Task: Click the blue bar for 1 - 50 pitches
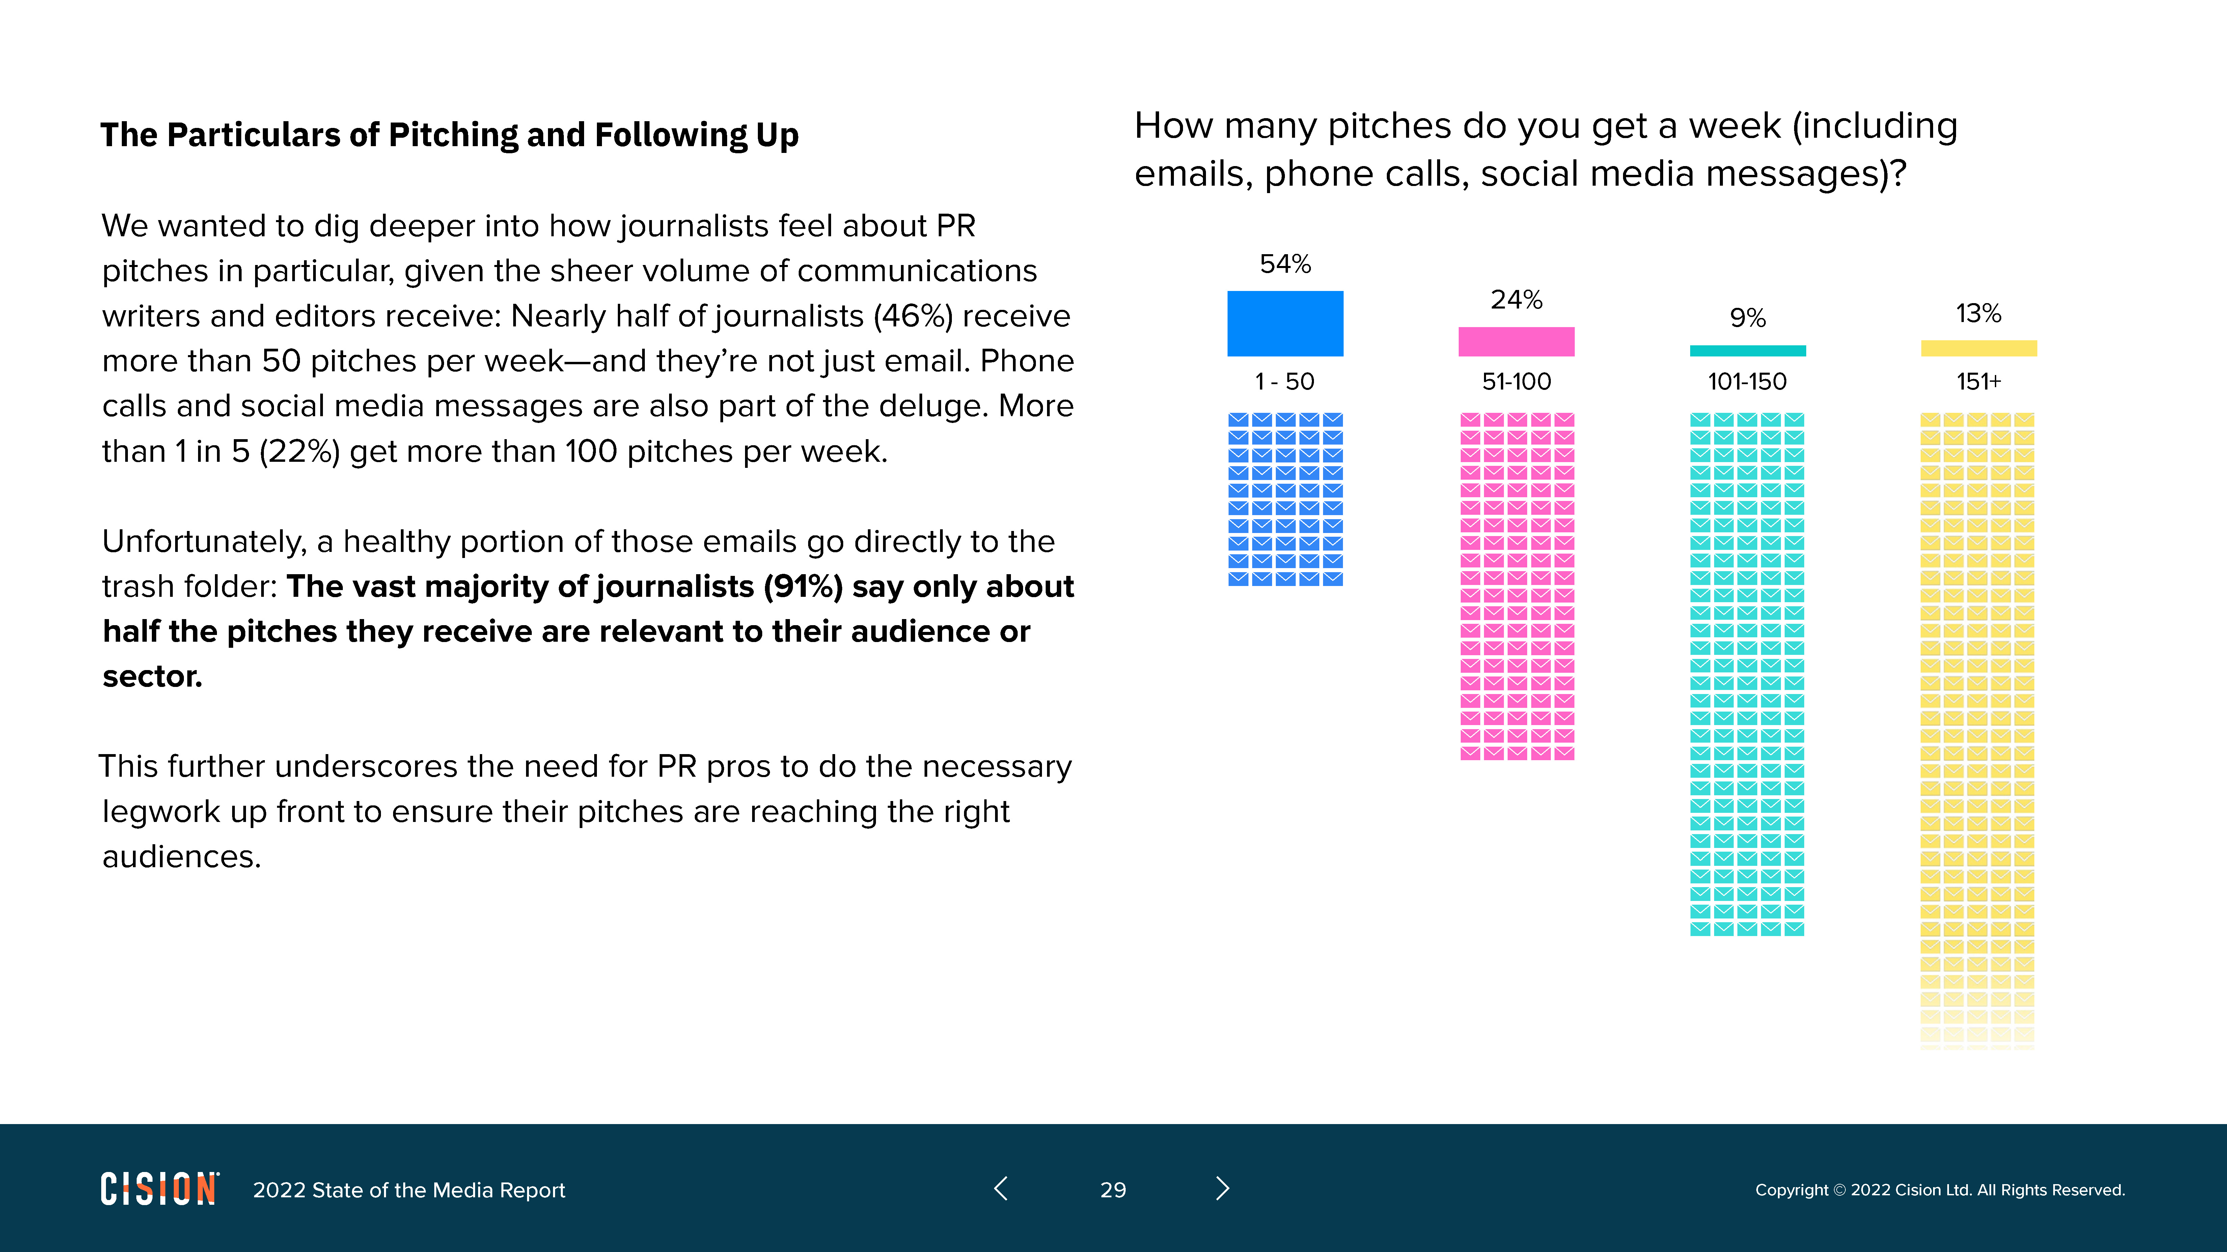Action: [1285, 323]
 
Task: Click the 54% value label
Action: [1285, 264]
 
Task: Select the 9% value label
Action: [1747, 318]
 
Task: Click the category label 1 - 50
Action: [1285, 381]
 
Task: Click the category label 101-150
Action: [1747, 381]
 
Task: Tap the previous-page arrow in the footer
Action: [1001, 1189]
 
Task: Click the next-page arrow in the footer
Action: [1222, 1189]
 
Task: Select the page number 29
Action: [1112, 1190]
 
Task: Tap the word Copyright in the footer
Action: [1791, 1190]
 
